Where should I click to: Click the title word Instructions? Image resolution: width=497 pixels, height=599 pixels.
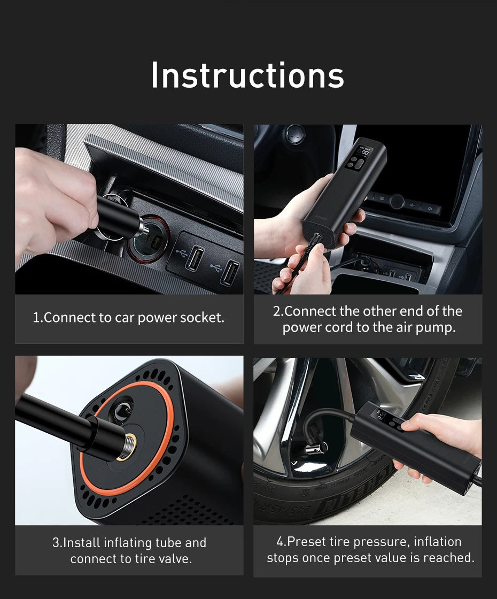coord(247,75)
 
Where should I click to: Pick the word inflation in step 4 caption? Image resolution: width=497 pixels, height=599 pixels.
coord(437,542)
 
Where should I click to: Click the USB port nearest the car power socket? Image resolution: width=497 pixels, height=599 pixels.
coord(194,258)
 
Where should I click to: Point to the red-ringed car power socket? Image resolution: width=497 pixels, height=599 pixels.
coord(149,239)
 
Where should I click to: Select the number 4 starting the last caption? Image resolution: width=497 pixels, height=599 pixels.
coord(280,542)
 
